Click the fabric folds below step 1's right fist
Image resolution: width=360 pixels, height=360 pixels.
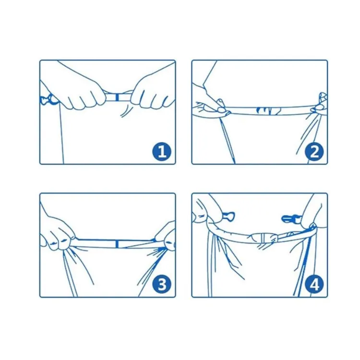(x=126, y=111)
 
